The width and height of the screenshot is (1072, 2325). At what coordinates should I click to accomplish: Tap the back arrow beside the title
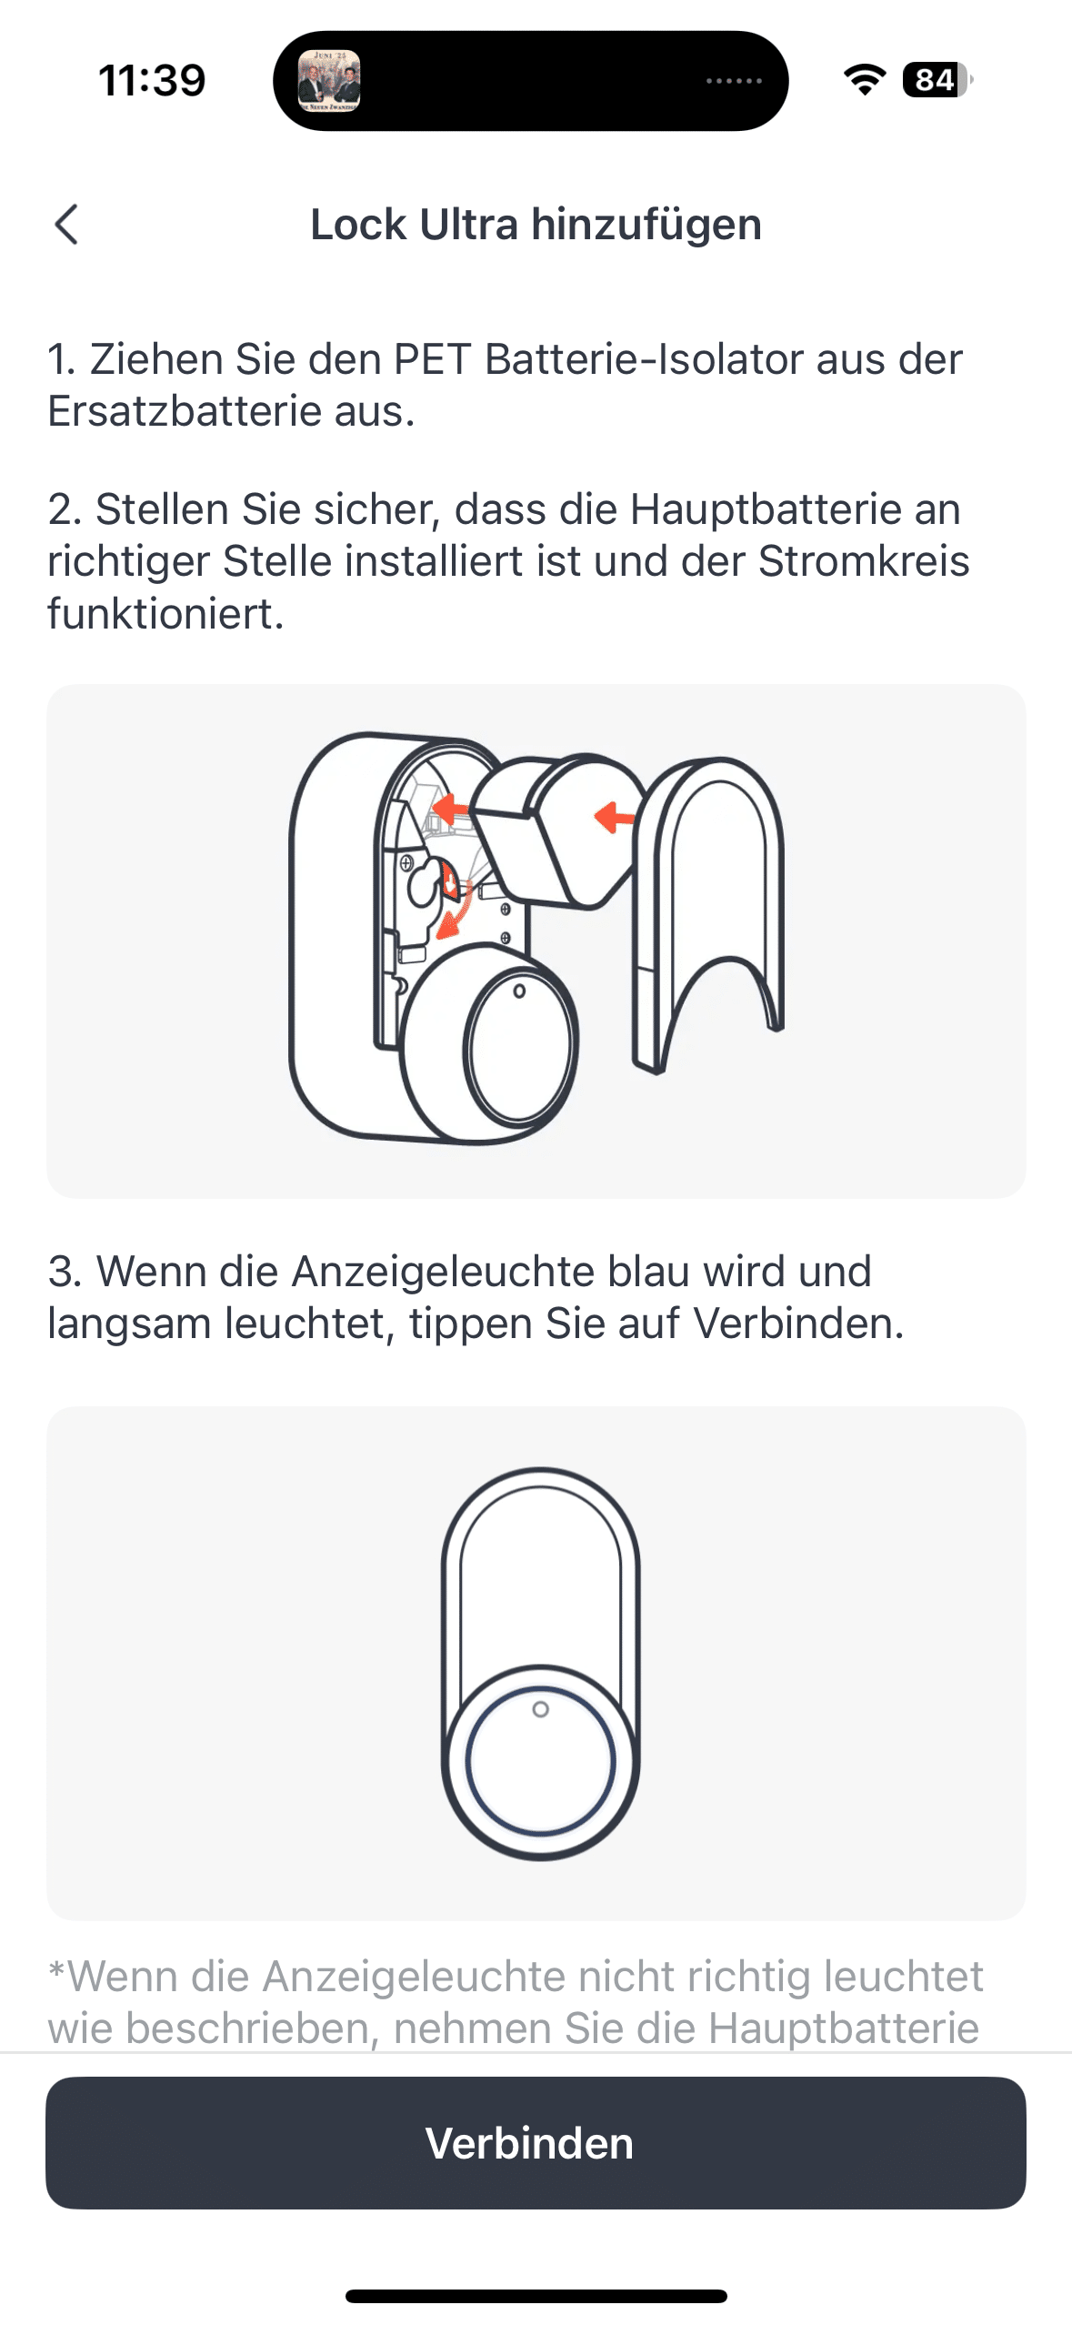66,224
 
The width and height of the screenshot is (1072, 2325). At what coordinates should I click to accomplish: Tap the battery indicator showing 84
937,80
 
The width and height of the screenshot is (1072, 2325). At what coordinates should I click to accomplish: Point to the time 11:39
152,80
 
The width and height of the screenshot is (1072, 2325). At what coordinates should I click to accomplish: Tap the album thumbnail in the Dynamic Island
329,81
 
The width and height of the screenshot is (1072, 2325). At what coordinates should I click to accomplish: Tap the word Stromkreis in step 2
864,560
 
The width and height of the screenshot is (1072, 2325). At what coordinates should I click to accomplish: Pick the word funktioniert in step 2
165,613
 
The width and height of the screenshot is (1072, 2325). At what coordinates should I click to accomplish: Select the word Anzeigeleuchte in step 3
444,1271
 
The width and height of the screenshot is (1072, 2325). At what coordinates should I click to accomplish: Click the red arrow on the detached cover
615,816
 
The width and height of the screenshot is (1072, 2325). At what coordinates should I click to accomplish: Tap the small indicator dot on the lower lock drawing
540,1709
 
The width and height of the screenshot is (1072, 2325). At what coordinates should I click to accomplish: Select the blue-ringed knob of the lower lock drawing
540,1760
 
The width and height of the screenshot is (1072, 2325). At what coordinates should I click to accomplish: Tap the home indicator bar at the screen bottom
536,2296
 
